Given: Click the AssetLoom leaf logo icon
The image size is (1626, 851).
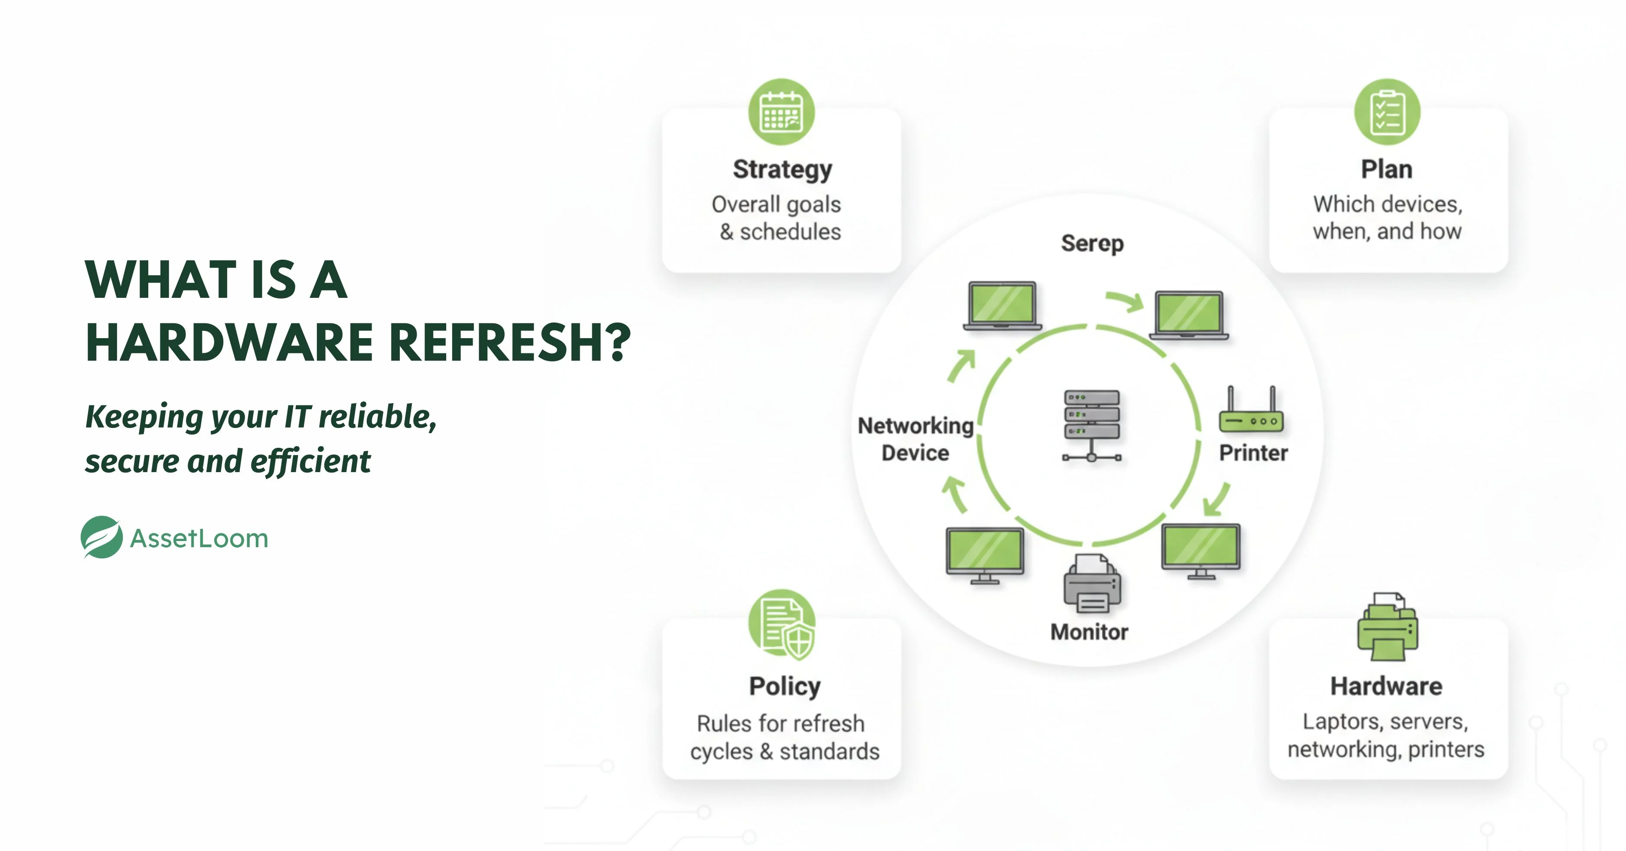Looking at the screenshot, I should tap(101, 537).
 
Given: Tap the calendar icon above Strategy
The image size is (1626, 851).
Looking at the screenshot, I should tap(781, 112).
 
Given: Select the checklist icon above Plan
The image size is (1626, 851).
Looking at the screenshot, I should tap(1387, 112).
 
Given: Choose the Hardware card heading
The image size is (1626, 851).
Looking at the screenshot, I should tap(1386, 686).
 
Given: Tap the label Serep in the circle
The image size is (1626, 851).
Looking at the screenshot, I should tap(1092, 243).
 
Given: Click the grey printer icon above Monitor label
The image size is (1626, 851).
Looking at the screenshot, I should tap(1092, 584).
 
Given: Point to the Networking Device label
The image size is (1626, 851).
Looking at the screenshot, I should tap(915, 439).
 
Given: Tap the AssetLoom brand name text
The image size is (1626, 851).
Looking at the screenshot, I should tap(199, 538).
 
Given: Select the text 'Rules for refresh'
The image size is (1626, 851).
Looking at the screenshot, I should tap(781, 724).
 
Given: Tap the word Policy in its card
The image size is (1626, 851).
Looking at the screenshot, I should tap(784, 686).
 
